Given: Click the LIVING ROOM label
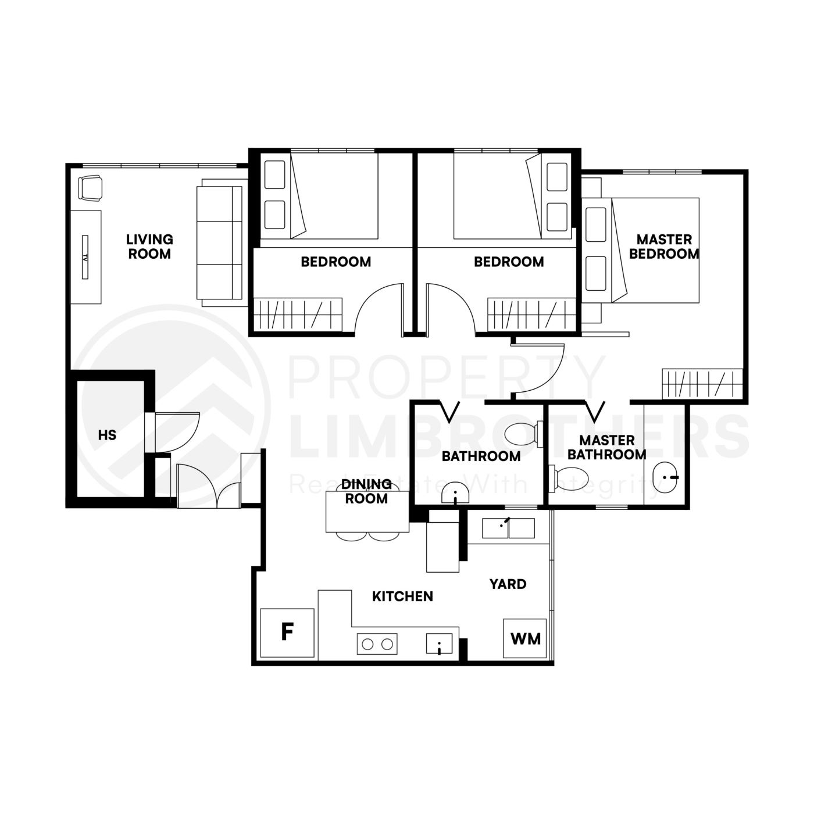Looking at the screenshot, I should [149, 247].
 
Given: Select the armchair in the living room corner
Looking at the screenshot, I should [90, 188].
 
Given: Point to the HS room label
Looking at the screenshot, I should [107, 435].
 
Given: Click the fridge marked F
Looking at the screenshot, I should [287, 633].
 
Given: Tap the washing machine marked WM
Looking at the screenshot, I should [524, 638].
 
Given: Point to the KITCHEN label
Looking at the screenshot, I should [402, 597].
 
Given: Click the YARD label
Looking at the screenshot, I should [508, 584].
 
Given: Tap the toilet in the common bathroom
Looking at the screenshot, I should [522, 434].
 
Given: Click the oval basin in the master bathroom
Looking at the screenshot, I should [665, 477].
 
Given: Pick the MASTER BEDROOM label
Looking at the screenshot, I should [664, 247].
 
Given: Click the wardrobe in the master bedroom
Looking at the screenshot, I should [702, 384].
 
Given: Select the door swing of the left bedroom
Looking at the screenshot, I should [379, 308].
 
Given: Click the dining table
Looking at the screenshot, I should [367, 512].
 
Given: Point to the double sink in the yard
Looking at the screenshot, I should [508, 529].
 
